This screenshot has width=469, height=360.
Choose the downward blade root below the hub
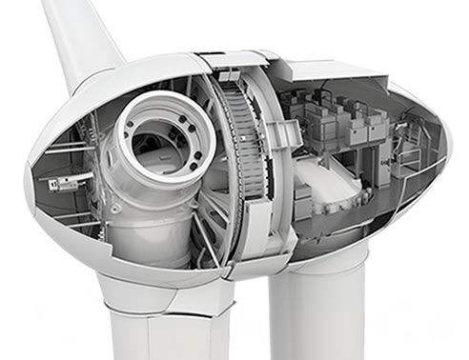pos(157,324)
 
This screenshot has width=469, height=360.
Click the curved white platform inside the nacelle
pos(329,186)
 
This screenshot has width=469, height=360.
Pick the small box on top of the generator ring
pos(228,75)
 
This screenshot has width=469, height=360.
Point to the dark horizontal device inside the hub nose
pos(67,181)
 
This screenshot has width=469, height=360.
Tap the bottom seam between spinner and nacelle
pos(234,271)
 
